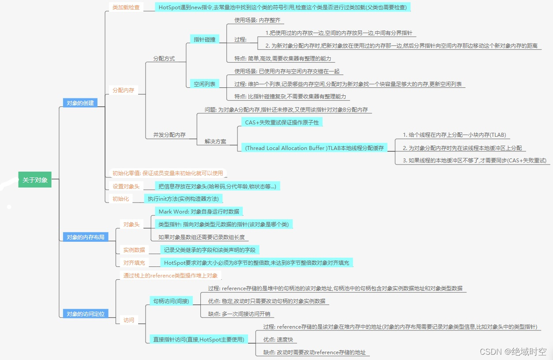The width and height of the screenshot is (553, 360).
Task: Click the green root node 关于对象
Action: click(x=35, y=180)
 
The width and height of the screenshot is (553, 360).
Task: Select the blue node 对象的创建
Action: click(x=80, y=103)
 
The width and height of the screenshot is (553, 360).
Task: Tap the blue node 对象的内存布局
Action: click(x=86, y=237)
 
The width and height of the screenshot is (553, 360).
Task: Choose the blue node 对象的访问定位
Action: click(x=86, y=314)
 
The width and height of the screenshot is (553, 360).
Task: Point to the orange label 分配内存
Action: click(x=123, y=90)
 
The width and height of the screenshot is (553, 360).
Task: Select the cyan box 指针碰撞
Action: click(x=204, y=39)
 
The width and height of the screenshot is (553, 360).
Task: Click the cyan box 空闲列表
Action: click(x=204, y=84)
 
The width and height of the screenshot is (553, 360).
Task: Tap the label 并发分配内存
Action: click(x=169, y=135)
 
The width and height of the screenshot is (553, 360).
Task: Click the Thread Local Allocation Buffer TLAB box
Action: click(x=314, y=148)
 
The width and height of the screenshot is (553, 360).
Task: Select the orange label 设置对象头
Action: click(x=126, y=187)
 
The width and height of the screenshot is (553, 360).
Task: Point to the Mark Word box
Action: click(x=199, y=212)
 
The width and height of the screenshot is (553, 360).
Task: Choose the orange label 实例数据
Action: click(x=134, y=250)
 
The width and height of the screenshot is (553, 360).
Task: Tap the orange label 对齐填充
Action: click(x=134, y=263)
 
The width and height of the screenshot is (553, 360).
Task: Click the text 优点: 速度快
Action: click(x=278, y=340)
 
